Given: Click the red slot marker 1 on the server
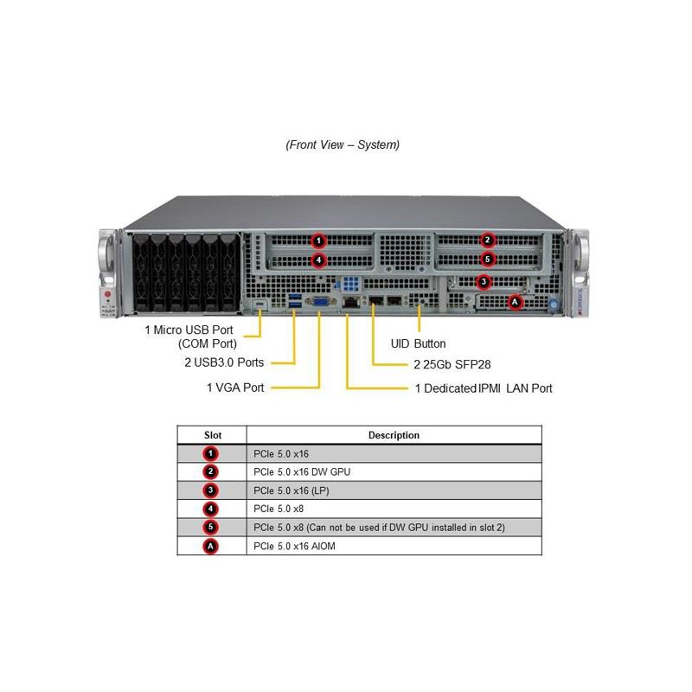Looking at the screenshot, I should pos(318,240).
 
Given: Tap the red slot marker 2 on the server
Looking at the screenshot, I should pos(488,240).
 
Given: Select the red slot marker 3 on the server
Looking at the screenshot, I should pos(484,281).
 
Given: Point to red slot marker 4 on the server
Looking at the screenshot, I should pos(318,259).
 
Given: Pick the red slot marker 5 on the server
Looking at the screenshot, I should pos(488,259).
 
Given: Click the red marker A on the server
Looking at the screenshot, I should pos(516,302).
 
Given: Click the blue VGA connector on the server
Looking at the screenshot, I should pos(319,302).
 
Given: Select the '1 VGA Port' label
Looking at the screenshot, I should pos(235,388).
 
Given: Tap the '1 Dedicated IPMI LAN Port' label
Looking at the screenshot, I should pos(484,388).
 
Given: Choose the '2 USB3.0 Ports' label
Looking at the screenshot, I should pos(224,362).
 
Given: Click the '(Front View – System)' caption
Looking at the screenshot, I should pos(343,144).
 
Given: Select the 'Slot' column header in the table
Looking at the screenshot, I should pos(212,435).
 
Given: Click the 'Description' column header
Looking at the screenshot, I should pos(394,435).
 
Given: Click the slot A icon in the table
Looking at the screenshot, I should pos(211,546).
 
